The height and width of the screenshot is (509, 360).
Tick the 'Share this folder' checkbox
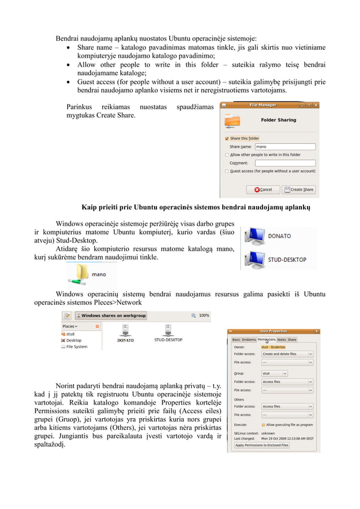coord(227,138)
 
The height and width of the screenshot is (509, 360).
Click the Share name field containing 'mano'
coord(284,146)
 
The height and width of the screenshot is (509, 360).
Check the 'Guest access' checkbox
coord(227,171)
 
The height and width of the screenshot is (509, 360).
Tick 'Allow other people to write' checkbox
coord(227,155)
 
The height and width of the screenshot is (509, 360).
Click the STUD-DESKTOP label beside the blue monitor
coord(287,260)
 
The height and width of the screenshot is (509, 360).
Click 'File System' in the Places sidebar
coord(77,347)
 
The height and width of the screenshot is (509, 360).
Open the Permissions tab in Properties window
coord(266,340)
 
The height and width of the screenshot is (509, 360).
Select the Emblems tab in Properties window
coord(249,340)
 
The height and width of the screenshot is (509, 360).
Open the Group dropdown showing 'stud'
coord(274,373)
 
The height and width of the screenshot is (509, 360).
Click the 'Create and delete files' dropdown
coord(287,354)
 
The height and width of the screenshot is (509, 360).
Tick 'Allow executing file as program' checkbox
coord(264,424)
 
